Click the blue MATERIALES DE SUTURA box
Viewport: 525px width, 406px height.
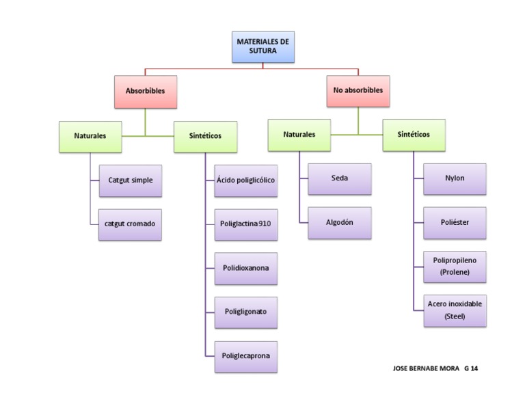click(262, 46)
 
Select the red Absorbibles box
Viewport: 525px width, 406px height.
click(145, 91)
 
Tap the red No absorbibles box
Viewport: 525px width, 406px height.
click(358, 90)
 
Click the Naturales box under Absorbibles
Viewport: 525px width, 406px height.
click(90, 136)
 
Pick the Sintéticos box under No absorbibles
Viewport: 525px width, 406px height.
click(414, 135)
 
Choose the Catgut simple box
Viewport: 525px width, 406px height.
click(130, 180)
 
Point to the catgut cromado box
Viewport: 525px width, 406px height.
click(130, 224)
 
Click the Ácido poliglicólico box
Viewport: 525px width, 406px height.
click(245, 180)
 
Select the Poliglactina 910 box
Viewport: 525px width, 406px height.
click(245, 224)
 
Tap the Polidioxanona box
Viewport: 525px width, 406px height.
click(245, 268)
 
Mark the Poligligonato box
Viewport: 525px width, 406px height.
click(245, 312)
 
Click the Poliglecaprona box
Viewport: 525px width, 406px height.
click(245, 356)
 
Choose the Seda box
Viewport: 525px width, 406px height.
click(339, 178)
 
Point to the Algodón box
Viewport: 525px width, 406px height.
click(339, 223)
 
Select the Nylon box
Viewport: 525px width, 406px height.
click(455, 178)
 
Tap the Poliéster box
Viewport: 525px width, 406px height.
click(455, 223)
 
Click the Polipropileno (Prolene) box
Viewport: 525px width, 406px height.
click(455, 267)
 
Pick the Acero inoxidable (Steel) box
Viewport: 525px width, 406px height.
click(455, 310)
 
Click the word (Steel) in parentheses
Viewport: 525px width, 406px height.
click(455, 316)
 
